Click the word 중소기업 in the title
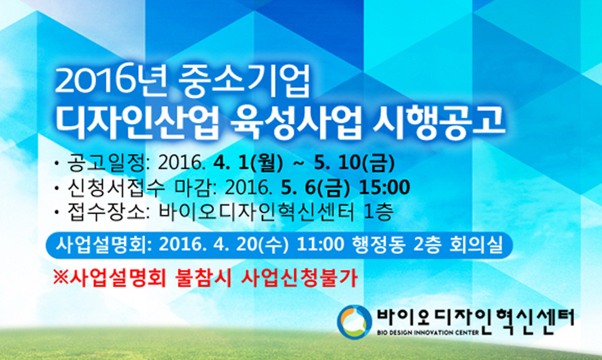point(244,81)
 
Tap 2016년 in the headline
point(111,81)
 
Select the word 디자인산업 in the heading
point(137,122)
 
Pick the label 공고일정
point(106,163)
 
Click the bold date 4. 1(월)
point(248,163)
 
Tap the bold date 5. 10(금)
point(354,163)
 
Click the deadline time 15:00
point(384,187)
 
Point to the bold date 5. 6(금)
point(315,187)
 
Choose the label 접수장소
point(106,212)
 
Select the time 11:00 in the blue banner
point(320,245)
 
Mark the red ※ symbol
point(61,277)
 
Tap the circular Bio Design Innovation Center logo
point(354,322)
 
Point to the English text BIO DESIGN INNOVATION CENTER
point(428,332)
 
